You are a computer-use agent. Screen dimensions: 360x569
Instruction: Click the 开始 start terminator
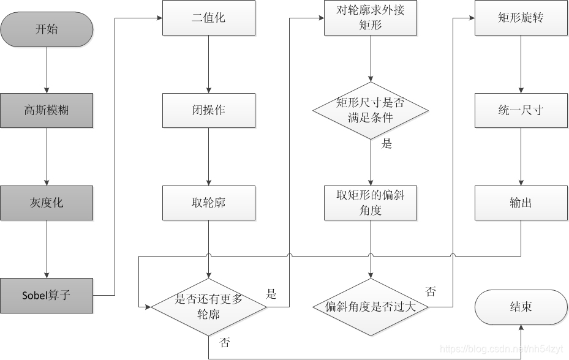click(47, 29)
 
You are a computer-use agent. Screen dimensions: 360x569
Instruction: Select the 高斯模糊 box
click(47, 111)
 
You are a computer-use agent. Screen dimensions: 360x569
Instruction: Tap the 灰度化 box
click(47, 203)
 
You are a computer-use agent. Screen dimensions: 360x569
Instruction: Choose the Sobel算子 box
click(47, 295)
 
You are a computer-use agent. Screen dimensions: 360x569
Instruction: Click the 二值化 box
click(208, 18)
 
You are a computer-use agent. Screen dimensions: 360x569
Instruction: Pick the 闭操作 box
click(208, 111)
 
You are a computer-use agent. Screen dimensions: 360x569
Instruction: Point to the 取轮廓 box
click(208, 203)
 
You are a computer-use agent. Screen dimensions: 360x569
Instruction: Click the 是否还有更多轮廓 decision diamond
click(209, 306)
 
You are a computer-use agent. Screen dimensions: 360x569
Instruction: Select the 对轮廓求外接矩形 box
click(371, 18)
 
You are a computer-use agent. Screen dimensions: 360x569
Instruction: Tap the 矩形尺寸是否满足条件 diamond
click(371, 110)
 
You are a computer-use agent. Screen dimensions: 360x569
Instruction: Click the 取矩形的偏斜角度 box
click(371, 203)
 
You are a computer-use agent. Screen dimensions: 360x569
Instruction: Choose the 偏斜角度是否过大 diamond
click(371, 306)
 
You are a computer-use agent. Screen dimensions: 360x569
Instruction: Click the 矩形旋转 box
click(521, 18)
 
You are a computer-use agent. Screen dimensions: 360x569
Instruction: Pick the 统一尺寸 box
click(521, 111)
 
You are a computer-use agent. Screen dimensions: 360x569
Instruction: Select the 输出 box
click(521, 203)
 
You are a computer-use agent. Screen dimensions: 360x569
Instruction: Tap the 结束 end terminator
click(521, 307)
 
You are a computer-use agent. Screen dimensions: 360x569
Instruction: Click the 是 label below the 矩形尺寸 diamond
click(386, 144)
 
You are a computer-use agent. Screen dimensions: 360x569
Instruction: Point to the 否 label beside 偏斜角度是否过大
click(431, 291)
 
